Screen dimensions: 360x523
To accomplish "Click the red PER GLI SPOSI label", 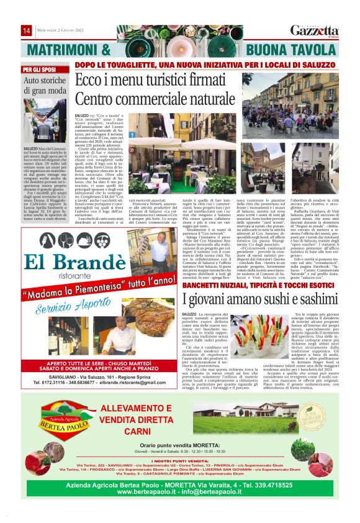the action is [38, 70].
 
